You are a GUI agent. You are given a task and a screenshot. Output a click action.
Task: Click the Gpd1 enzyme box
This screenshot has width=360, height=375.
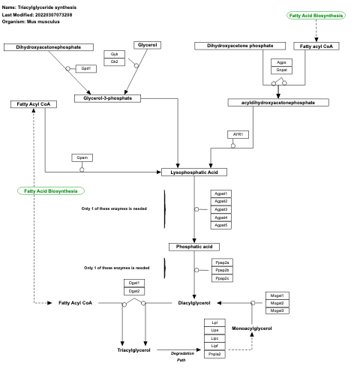tap(86, 68)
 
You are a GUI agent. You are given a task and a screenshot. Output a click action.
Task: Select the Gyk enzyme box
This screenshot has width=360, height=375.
tap(114, 55)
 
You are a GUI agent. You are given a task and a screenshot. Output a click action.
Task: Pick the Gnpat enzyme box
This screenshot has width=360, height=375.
tap(281, 70)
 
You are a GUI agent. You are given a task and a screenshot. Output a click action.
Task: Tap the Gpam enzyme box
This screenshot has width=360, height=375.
tap(82, 157)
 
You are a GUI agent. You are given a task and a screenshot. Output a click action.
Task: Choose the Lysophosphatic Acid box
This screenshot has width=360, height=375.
tap(194, 172)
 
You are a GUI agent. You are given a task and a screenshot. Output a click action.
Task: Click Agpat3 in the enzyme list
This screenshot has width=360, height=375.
tap(221, 209)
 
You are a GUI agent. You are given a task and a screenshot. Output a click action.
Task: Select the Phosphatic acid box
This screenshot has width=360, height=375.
tap(194, 247)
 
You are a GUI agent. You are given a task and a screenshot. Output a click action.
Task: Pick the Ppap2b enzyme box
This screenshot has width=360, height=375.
tap(221, 270)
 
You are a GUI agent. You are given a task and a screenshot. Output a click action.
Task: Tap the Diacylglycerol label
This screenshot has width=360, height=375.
tap(199, 303)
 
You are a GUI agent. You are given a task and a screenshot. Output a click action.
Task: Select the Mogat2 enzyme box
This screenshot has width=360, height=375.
tap(277, 303)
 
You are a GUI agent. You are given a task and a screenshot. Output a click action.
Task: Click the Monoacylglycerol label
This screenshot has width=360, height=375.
tap(251, 328)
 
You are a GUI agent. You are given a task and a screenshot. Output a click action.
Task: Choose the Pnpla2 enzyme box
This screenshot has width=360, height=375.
tap(215, 354)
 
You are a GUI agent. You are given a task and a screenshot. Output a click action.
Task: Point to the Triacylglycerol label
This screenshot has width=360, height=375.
tap(134, 350)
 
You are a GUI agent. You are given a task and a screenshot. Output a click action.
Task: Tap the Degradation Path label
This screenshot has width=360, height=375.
tap(181, 356)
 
